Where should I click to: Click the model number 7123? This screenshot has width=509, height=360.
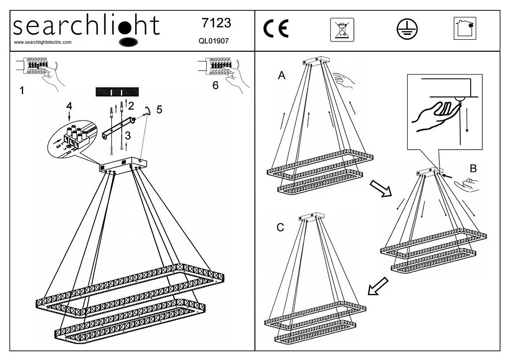tap(216, 23)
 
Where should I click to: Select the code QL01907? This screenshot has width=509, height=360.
tap(212, 41)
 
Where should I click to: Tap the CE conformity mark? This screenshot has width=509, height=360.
tap(276, 30)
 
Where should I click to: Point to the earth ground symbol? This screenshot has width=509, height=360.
tap(407, 30)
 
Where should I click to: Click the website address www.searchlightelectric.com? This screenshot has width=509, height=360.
tap(43, 43)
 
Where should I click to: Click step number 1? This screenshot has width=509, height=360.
tap(21, 90)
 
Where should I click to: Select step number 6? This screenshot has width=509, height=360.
tap(215, 86)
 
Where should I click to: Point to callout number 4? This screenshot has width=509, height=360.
tap(69, 106)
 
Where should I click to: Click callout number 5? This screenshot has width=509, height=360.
tap(159, 110)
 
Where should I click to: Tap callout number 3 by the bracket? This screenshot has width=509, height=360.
tap(128, 135)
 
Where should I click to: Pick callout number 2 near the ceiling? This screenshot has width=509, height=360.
tap(131, 105)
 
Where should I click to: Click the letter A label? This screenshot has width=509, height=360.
tap(282, 76)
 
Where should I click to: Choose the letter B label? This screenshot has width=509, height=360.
tap(473, 168)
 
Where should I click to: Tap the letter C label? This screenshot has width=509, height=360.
tap(280, 228)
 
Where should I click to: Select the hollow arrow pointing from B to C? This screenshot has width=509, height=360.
tap(377, 286)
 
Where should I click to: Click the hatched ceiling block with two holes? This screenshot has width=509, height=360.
tap(118, 92)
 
